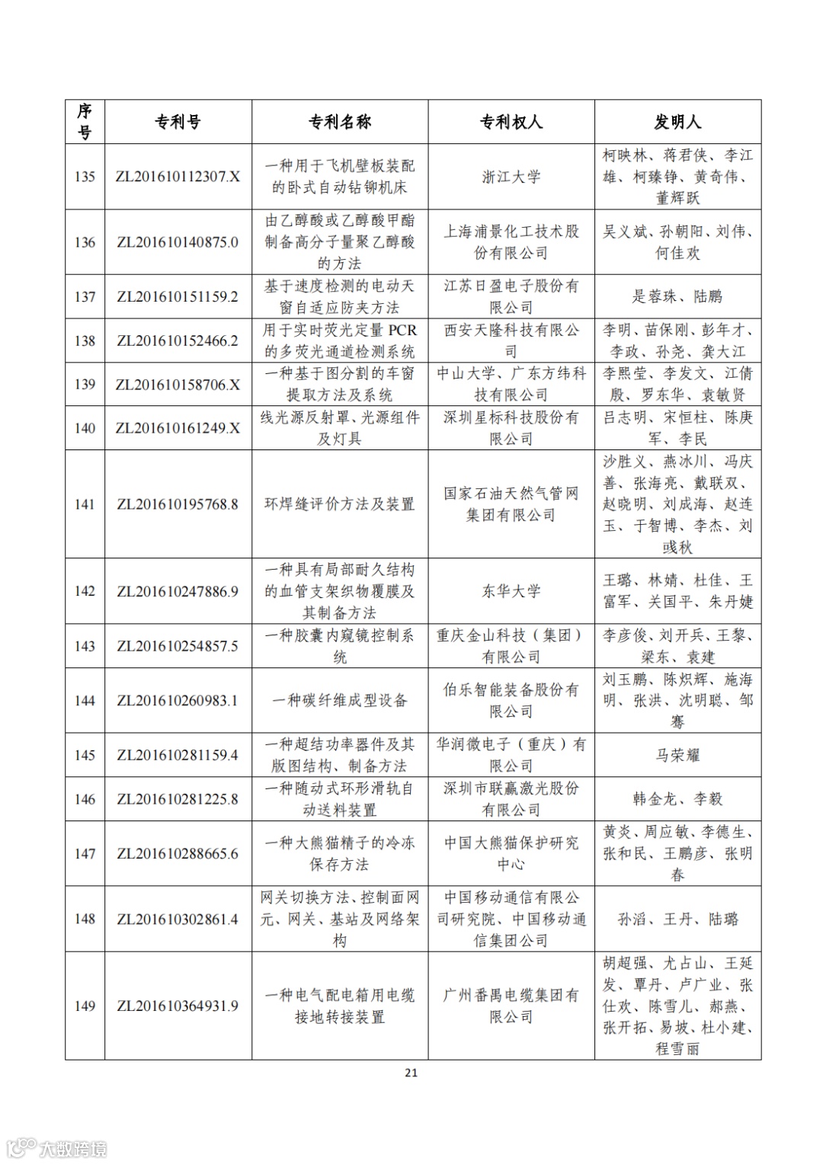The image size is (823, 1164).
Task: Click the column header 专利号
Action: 178,122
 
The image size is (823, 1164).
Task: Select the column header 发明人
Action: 677,122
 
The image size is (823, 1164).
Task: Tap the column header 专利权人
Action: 511,122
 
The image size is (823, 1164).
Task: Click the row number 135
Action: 85,177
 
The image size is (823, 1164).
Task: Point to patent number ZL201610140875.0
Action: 178,242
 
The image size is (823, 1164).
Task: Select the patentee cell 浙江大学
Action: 511,177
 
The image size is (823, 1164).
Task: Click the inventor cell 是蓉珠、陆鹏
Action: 677,296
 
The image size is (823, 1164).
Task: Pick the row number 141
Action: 85,504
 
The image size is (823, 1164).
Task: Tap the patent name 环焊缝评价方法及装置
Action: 339,504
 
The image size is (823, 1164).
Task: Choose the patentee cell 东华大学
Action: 511,591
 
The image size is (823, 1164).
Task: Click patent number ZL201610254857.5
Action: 178,646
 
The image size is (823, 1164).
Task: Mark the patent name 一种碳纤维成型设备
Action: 339,701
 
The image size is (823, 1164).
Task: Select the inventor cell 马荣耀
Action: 677,755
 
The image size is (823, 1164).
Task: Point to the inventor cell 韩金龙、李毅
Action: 677,799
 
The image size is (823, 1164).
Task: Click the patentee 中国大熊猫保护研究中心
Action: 511,853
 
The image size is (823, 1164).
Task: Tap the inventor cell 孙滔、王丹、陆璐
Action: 677,919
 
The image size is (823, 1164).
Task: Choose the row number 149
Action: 85,1006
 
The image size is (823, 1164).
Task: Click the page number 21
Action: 411,1073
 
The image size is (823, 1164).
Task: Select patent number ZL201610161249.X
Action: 178,428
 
